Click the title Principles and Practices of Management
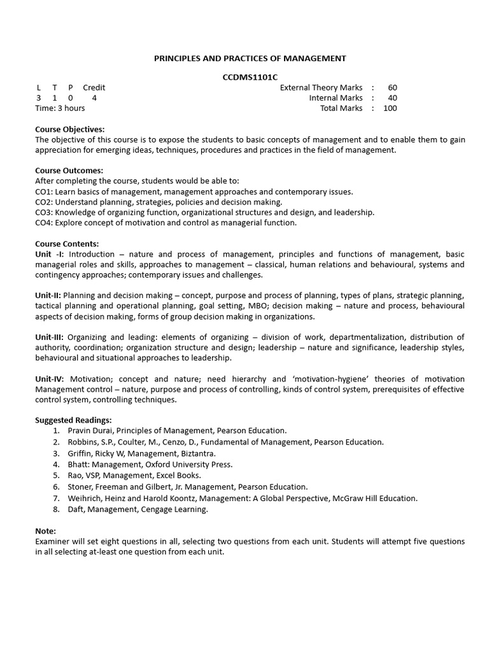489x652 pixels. point(250,58)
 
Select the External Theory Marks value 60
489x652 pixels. point(392,88)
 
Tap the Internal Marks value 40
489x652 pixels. point(392,98)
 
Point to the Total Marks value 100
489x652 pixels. point(390,108)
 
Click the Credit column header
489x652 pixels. point(94,88)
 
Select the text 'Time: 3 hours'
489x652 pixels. point(60,108)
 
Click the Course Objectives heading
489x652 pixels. point(69,129)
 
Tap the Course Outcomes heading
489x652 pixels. point(69,171)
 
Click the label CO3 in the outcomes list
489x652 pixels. point(43,212)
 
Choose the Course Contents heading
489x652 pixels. point(67,244)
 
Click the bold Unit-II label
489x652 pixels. point(48,295)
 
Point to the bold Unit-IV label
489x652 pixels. point(50,379)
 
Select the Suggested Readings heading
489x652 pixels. point(73,420)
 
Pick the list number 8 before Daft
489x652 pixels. point(56,509)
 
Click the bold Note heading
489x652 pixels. point(45,531)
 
